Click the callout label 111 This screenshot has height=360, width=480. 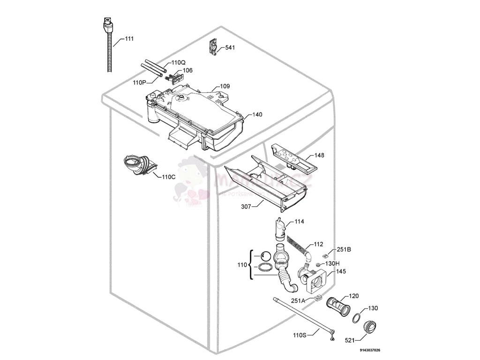tap(129, 39)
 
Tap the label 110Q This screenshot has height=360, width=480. tap(178, 62)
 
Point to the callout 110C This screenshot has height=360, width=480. tap(168, 177)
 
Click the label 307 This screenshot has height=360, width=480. tap(246, 206)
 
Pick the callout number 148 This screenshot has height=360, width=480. tap(319, 155)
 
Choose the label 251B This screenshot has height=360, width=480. tap(344, 250)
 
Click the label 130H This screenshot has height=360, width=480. tap(332, 263)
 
